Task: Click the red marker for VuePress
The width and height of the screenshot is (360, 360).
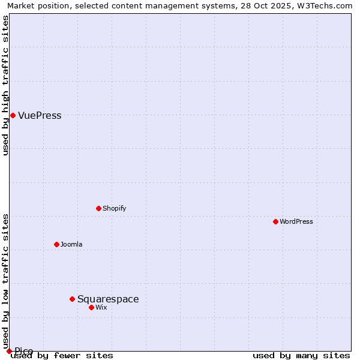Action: (x=13, y=115)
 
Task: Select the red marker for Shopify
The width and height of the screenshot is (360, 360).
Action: (x=98, y=208)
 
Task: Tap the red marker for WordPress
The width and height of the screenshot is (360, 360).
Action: (x=275, y=221)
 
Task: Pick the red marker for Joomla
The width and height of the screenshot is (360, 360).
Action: (x=56, y=244)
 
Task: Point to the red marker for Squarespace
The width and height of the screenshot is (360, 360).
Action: (x=72, y=299)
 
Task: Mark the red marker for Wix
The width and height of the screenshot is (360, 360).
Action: (x=91, y=307)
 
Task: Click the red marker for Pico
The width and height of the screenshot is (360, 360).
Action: (x=9, y=351)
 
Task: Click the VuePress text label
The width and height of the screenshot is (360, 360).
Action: (x=40, y=116)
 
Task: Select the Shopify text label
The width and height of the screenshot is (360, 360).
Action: (x=114, y=209)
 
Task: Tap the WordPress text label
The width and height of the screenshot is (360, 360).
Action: (x=296, y=222)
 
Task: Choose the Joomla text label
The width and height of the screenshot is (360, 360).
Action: (x=71, y=245)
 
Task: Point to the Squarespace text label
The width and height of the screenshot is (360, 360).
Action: (x=108, y=299)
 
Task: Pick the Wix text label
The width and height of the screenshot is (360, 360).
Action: (x=101, y=308)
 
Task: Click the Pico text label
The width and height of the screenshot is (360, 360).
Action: (x=24, y=351)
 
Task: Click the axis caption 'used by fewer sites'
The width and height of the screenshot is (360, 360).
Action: (x=62, y=356)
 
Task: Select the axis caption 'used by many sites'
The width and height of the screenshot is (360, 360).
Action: (x=301, y=356)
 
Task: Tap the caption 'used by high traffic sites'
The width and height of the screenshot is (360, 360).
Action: (x=5, y=85)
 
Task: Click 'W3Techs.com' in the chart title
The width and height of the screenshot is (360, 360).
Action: (x=326, y=5)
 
